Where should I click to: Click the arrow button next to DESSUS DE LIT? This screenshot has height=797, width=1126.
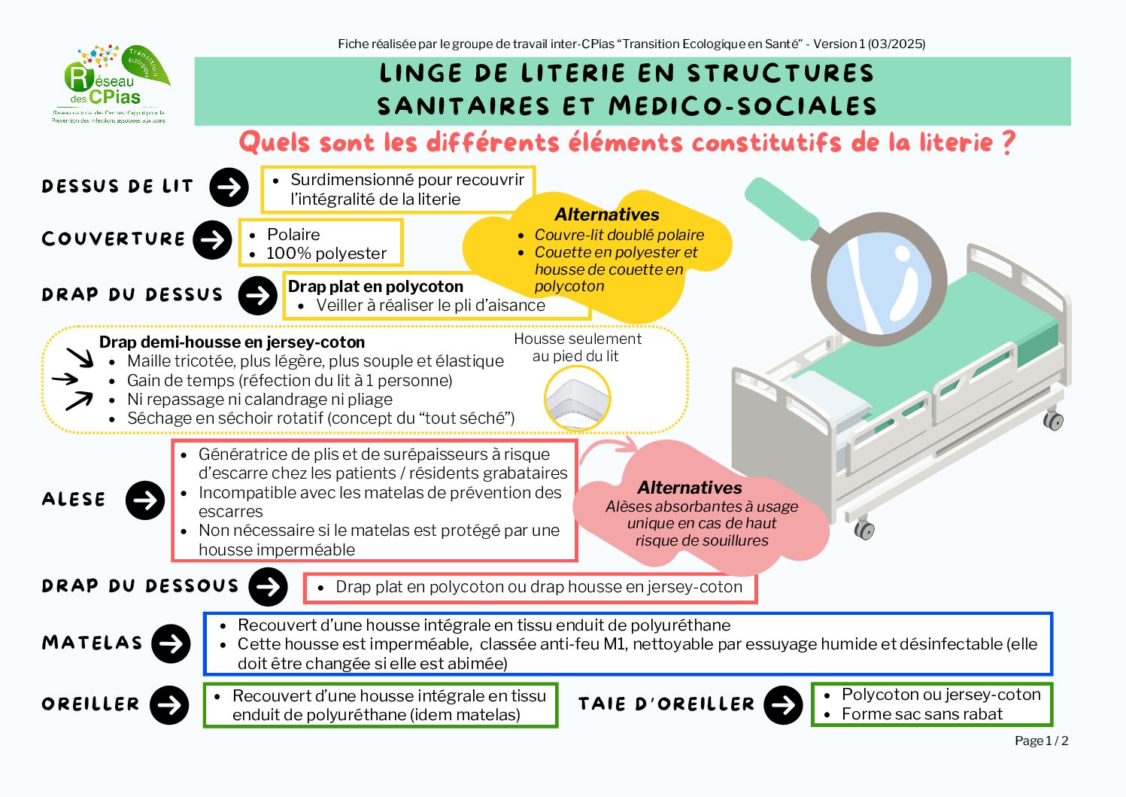[229, 187]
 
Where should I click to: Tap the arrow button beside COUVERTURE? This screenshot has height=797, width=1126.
[212, 240]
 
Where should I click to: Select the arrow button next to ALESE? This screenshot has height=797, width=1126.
[145, 500]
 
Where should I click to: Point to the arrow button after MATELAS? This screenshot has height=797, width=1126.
[171, 644]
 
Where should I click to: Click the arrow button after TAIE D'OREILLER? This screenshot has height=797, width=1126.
[783, 705]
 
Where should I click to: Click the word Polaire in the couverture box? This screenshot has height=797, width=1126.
[293, 234]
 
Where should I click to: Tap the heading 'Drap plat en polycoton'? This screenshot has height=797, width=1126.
[375, 286]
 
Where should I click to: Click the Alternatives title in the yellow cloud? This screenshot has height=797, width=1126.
[606, 214]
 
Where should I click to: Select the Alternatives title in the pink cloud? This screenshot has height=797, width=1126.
[689, 488]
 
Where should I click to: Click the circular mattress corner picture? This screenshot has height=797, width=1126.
[577, 398]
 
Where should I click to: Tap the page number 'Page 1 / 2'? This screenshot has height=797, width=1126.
[1041, 741]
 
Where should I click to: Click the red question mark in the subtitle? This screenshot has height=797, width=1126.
[1009, 142]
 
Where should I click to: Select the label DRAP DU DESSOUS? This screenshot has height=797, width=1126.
[140, 586]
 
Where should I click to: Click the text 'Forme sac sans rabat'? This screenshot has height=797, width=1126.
[921, 714]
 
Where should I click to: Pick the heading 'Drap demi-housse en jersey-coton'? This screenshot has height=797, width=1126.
[232, 342]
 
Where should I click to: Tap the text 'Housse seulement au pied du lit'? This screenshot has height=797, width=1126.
[577, 347]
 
